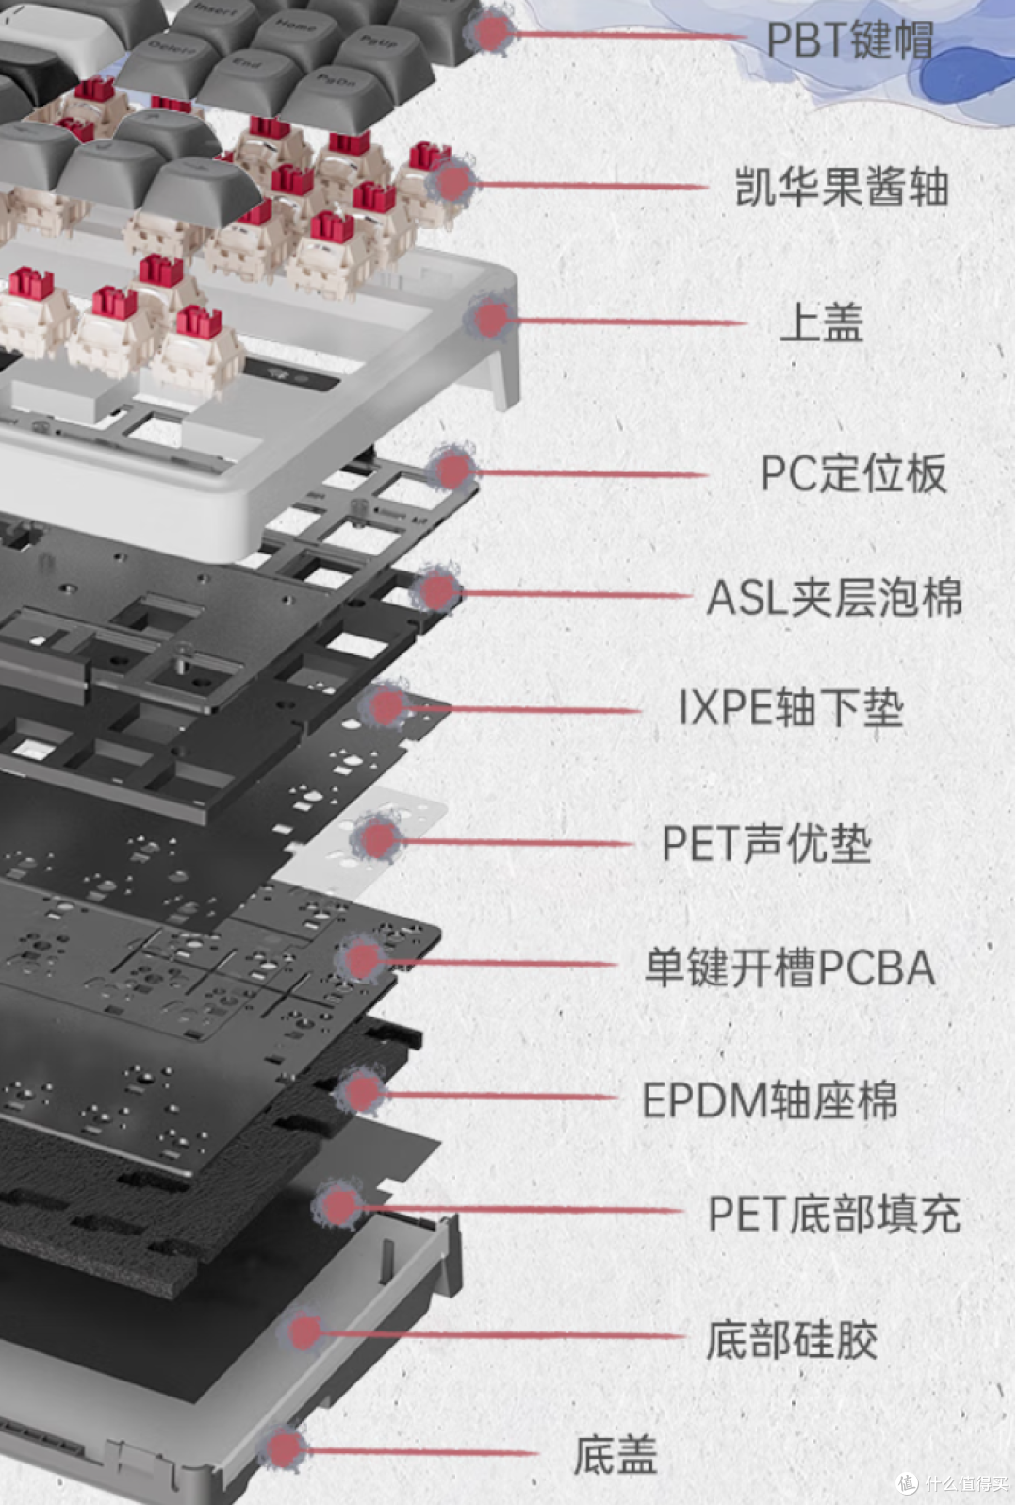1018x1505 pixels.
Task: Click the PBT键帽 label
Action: tap(849, 40)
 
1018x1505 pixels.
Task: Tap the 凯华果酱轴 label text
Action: tap(842, 186)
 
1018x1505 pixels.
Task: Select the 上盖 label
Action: tap(821, 323)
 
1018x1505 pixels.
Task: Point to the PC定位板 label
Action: tap(853, 473)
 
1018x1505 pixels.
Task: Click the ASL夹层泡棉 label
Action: tap(835, 597)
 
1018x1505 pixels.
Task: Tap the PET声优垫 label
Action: tap(766, 843)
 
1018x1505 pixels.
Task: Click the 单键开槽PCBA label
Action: tap(790, 967)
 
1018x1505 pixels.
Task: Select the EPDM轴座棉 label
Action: tap(769, 1100)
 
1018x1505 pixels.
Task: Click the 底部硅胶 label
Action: tap(792, 1340)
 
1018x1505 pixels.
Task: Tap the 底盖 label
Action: tap(616, 1455)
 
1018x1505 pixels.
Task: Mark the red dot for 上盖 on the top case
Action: tap(491, 319)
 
